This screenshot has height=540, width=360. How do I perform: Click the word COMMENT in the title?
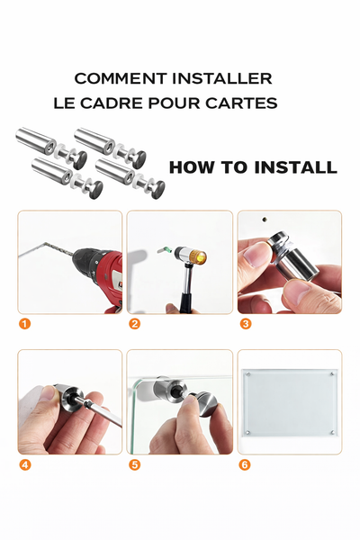point(111,79)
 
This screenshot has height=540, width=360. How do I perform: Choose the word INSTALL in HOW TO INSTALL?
point(294,167)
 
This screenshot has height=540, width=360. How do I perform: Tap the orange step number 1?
point(25,324)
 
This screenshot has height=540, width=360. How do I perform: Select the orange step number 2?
point(134,324)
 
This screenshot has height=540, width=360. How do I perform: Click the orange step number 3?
point(244,324)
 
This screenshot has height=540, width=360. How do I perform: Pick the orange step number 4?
point(25,464)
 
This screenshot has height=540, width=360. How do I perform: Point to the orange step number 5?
point(134,464)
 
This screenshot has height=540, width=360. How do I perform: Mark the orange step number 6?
point(244,464)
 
